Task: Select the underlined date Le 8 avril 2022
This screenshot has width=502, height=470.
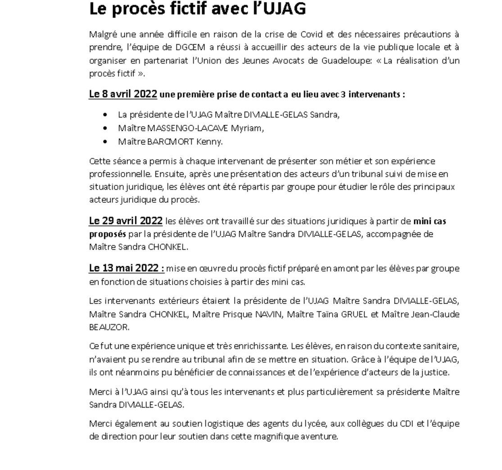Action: (123, 94)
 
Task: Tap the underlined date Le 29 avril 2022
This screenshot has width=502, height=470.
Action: (126, 221)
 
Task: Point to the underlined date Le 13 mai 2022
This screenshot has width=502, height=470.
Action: (127, 268)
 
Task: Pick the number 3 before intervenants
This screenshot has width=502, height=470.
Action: (343, 94)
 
